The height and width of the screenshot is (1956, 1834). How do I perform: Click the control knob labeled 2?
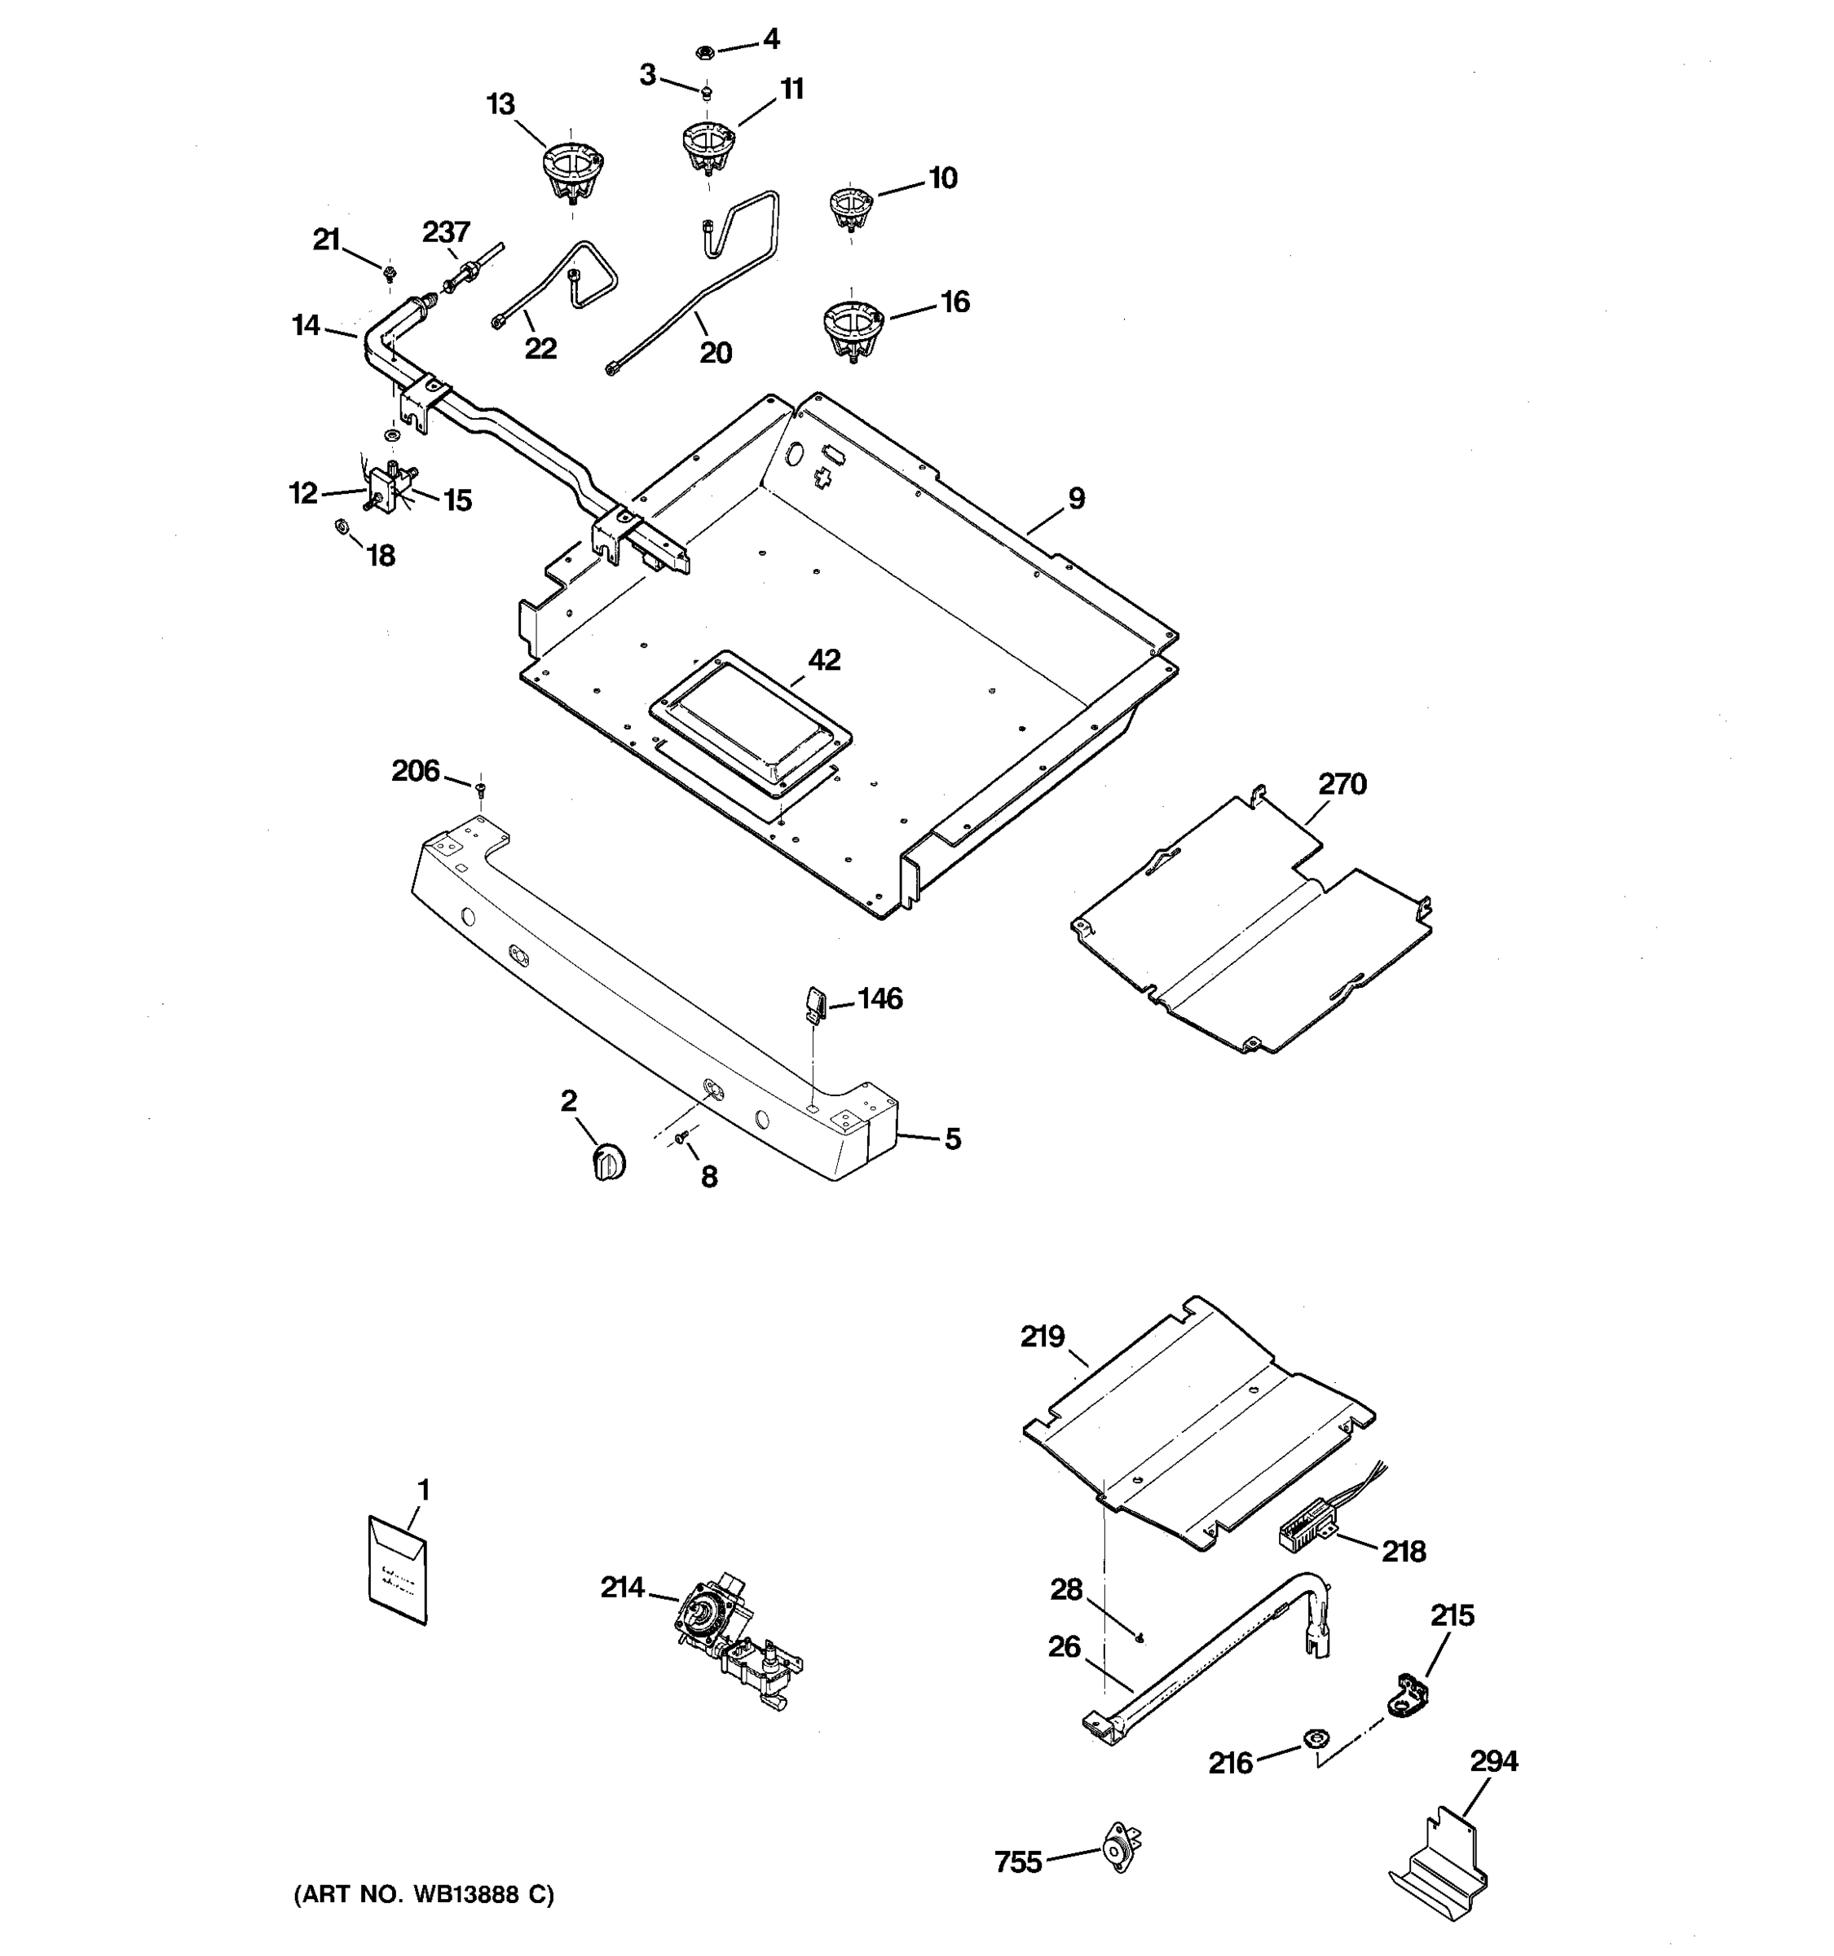coord(609,1162)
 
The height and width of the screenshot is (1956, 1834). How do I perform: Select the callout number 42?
coord(825,660)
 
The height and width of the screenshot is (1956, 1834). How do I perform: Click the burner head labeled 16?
coord(852,328)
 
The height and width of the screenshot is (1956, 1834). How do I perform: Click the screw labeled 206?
coord(481,788)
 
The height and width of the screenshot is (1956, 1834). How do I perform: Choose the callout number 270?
coord(1342,784)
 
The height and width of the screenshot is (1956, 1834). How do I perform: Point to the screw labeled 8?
coord(680,1139)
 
